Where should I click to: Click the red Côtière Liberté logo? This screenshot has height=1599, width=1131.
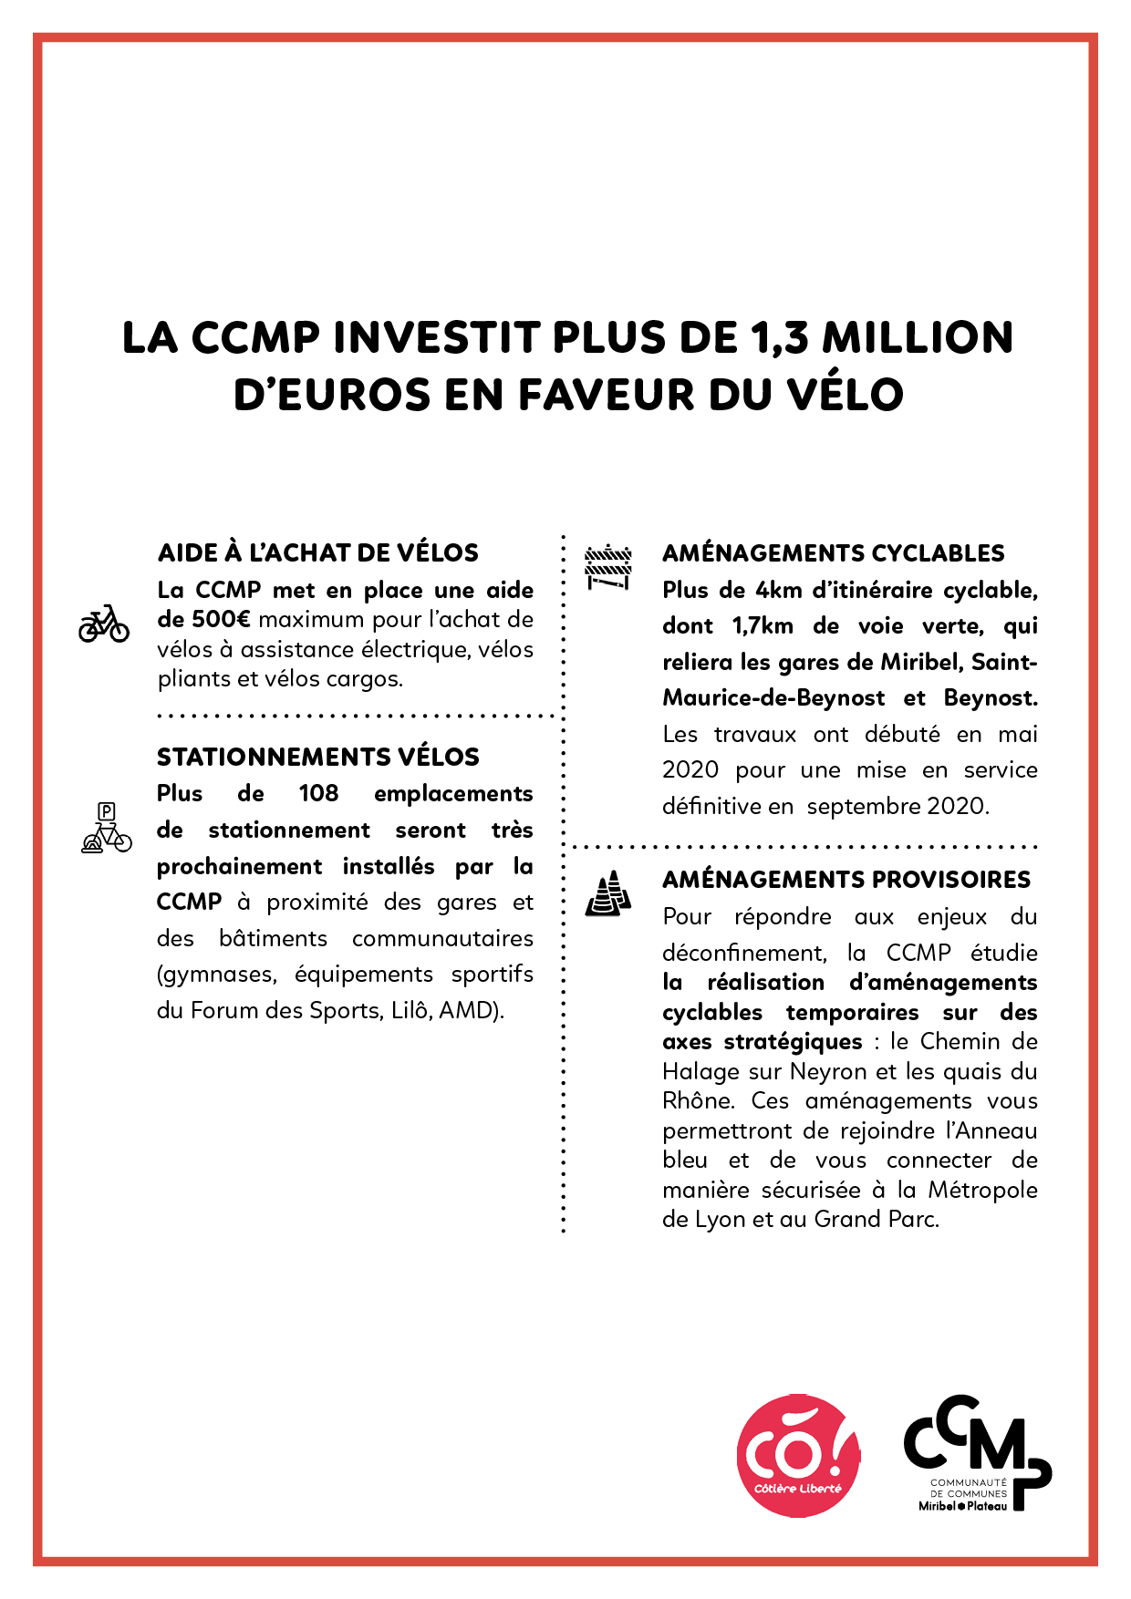[798, 1456]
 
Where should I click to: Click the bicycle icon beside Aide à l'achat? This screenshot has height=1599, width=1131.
[104, 624]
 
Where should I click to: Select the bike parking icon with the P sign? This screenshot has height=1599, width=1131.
[107, 829]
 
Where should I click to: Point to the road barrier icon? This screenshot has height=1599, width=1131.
[608, 567]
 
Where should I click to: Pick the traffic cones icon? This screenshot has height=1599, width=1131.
[608, 893]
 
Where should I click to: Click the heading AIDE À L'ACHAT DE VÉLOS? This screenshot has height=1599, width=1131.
[318, 553]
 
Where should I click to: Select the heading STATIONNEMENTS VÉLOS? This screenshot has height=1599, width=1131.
[318, 758]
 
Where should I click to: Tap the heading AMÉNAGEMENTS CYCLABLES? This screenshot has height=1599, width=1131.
[833, 553]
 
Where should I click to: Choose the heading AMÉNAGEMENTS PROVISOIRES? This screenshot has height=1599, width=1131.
[846, 880]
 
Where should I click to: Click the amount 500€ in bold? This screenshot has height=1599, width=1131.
[220, 620]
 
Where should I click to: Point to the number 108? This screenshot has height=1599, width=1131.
[318, 793]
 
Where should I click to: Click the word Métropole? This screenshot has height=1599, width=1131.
[982, 1191]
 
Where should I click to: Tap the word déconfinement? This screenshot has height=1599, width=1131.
[744, 954]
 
